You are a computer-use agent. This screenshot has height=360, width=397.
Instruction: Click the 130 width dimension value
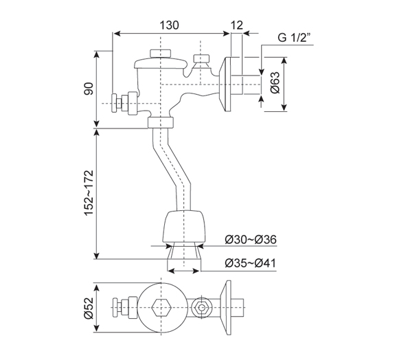pos(170,25)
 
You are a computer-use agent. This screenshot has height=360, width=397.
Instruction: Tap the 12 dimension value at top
pos(238,25)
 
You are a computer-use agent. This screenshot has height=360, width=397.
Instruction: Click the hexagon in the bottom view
pos(163,307)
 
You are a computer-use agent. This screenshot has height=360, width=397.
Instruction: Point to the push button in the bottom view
pos(124,307)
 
